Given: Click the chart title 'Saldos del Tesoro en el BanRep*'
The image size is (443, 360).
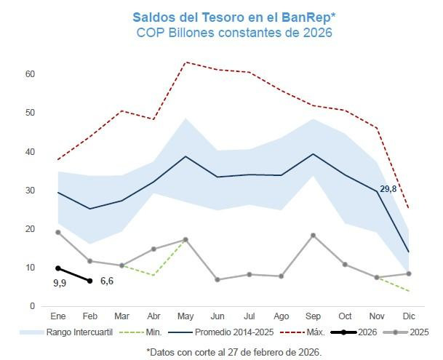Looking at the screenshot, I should point(234,16).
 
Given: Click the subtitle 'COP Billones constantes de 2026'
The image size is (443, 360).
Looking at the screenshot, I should point(234,33).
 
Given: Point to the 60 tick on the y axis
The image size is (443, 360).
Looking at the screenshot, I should point(31,74).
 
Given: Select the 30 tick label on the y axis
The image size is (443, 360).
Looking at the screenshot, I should point(31,191).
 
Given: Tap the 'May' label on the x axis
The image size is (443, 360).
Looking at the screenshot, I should point(185,317).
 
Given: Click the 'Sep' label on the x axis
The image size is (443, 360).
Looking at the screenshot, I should point(314,317).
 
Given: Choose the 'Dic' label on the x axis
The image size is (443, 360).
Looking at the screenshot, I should point(409,317).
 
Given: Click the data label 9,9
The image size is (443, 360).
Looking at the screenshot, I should point(60,282).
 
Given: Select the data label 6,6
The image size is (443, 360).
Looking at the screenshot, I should point(107,281).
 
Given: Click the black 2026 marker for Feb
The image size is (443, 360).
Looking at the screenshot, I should point(89,281).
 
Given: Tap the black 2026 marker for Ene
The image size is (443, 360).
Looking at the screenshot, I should point(58,268).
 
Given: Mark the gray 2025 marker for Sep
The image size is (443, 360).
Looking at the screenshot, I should point(314,235).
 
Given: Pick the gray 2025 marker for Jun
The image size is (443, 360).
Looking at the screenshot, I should point(217,279).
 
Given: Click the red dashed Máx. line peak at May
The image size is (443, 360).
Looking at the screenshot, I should point(185,63).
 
